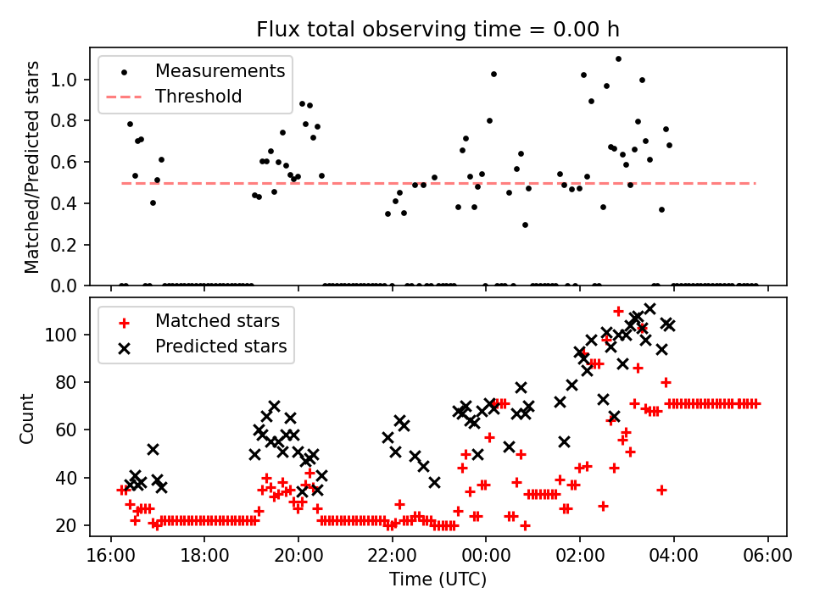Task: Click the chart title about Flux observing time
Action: [438, 30]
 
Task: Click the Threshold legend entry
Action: [198, 96]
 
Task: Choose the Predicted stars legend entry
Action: [220, 347]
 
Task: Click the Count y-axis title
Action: [28, 418]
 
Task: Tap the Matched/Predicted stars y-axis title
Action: [32, 167]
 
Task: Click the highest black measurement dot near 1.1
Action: [618, 58]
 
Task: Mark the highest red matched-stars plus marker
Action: [618, 311]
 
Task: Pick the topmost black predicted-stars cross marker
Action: [650, 309]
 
